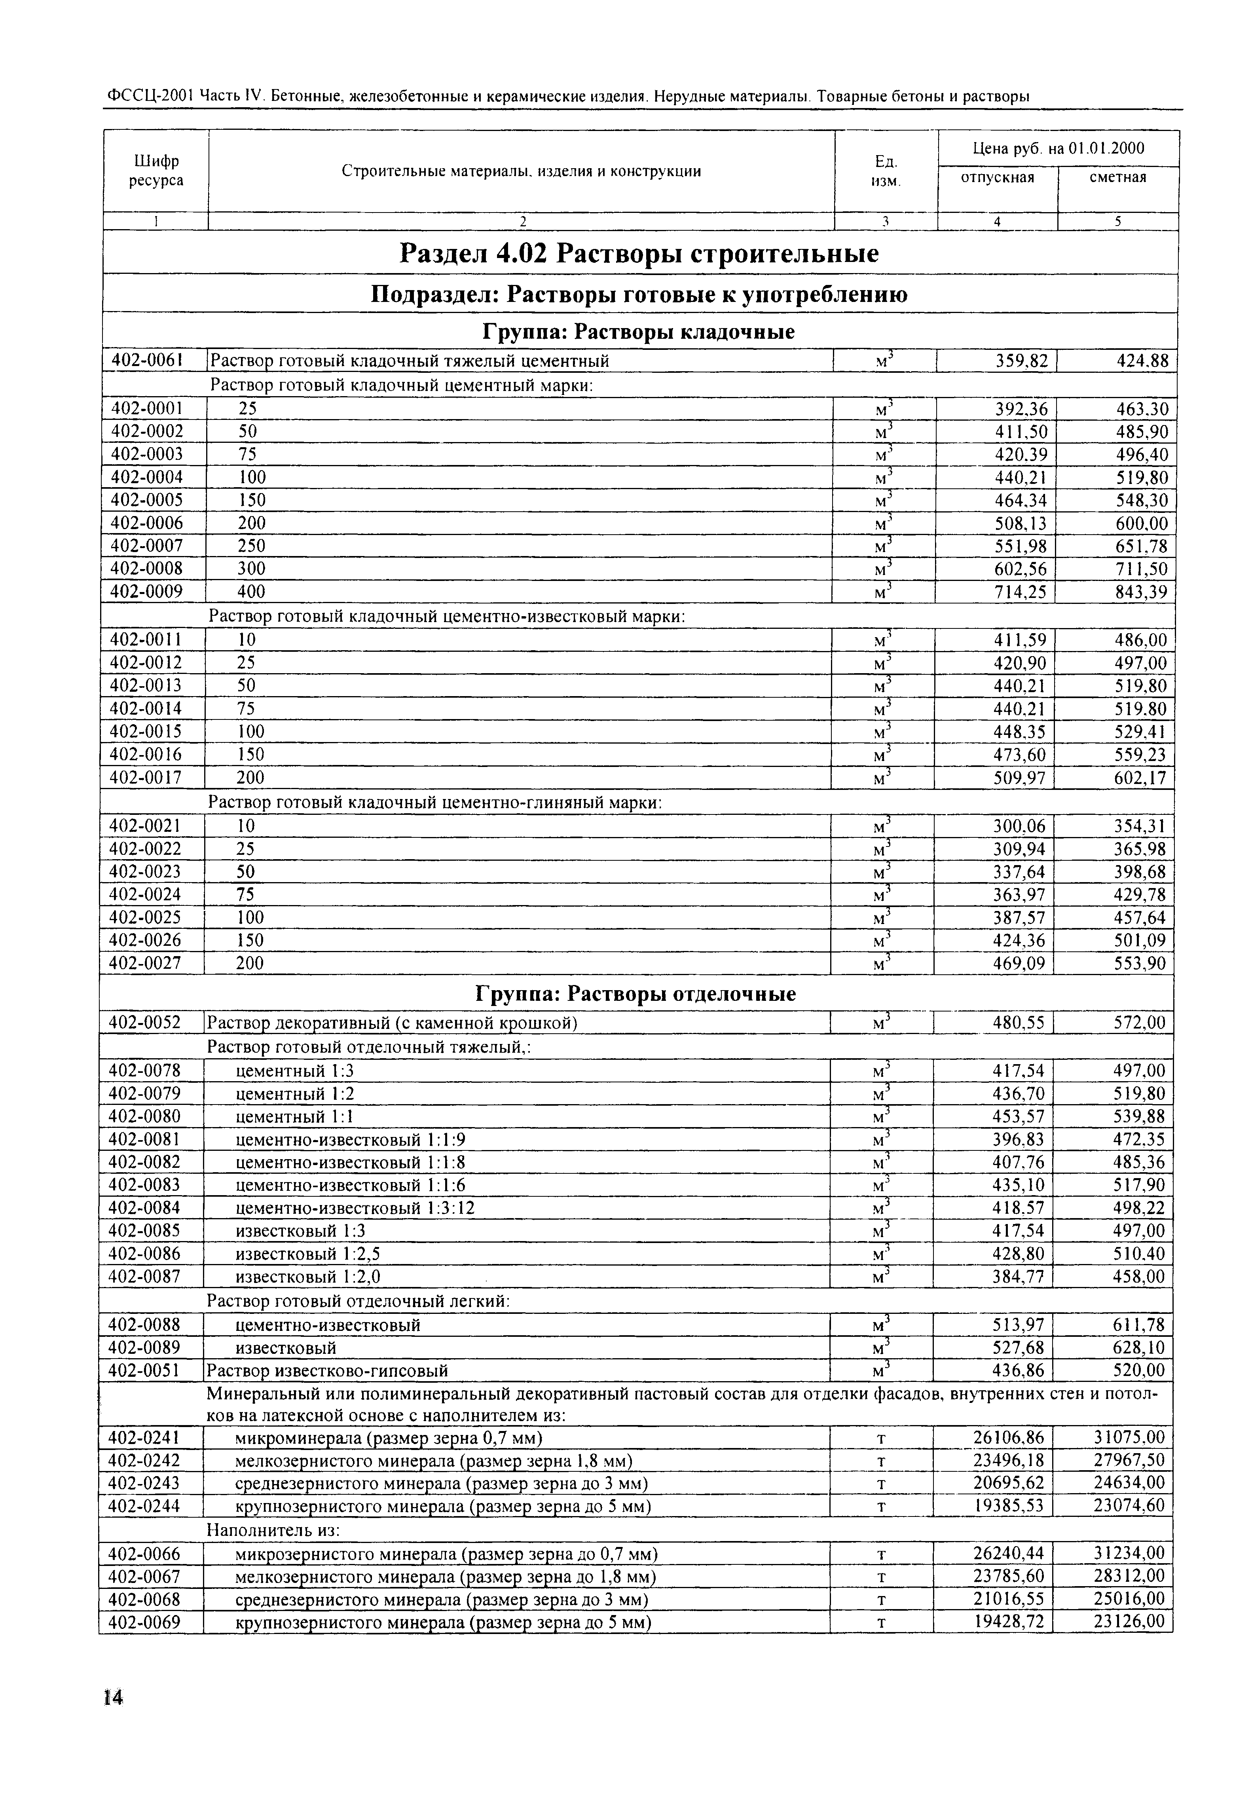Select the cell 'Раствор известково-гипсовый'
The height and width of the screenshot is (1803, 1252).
(x=327, y=1371)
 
